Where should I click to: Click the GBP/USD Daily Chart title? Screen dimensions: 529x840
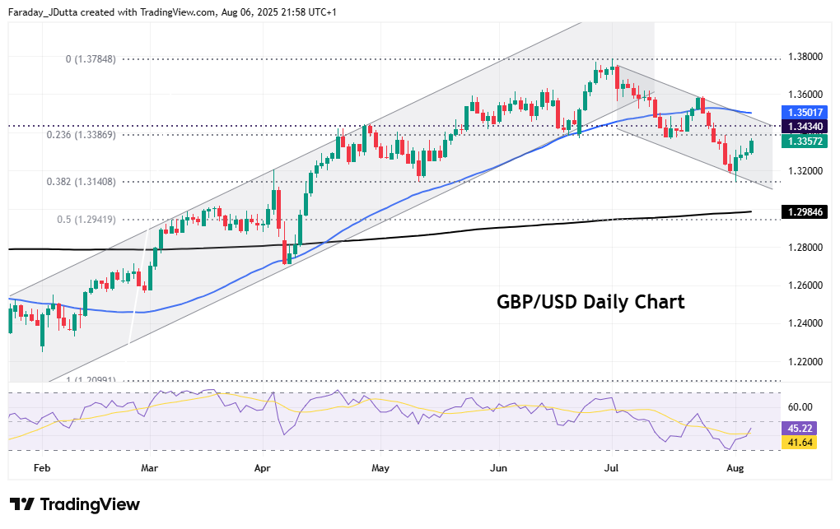pyautogui.click(x=590, y=302)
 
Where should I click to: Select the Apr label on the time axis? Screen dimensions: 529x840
pyautogui.click(x=263, y=468)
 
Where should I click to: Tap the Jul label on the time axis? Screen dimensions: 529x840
pyautogui.click(x=611, y=468)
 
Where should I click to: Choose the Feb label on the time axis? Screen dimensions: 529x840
pyautogui.click(x=42, y=468)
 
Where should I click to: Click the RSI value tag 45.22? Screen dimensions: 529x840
pyautogui.click(x=800, y=428)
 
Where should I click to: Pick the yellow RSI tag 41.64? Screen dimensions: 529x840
pyautogui.click(x=800, y=442)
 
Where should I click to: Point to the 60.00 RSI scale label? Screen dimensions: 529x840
pyautogui.click(x=800, y=406)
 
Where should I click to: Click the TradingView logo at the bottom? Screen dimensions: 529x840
pyautogui.click(x=75, y=504)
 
